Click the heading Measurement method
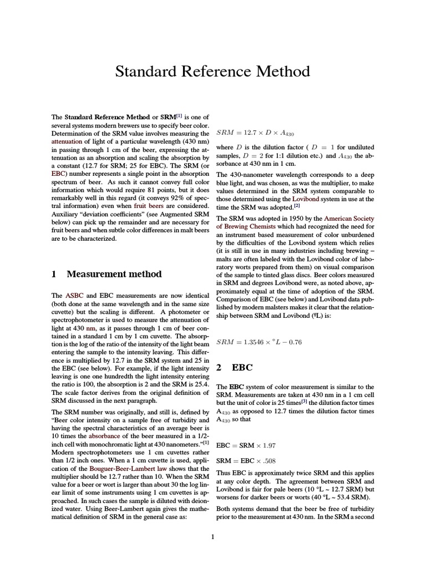tap(114, 274)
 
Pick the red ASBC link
tap(74, 296)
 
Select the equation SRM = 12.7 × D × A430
tap(247, 134)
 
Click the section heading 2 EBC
tap(234, 367)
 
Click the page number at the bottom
tap(213, 536)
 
